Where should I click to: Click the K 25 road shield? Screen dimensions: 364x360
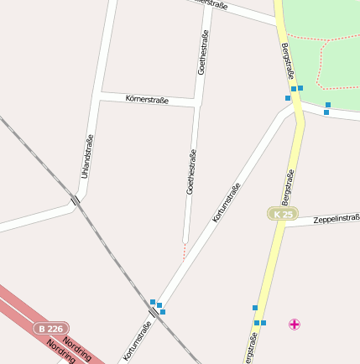pyautogui.click(x=283, y=214)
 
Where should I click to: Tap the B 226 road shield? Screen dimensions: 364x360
pyautogui.click(x=52, y=330)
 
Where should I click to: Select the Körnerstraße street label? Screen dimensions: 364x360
pyautogui.click(x=147, y=100)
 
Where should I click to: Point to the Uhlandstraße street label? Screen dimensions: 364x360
pyautogui.click(x=86, y=156)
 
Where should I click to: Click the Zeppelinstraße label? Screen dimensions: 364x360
pyautogui.click(x=336, y=218)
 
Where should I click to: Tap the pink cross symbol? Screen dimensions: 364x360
pyautogui.click(x=295, y=324)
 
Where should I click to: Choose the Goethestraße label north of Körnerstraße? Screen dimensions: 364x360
pyautogui.click(x=203, y=52)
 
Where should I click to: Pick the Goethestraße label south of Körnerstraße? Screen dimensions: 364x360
pyautogui.click(x=191, y=172)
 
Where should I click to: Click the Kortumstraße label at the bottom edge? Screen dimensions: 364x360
pyautogui.click(x=137, y=342)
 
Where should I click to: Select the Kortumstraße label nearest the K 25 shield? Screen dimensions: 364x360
pyautogui.click(x=227, y=202)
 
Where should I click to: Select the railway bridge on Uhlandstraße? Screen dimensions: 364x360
pyautogui.click(x=76, y=200)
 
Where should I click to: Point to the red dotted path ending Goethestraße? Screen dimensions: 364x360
pyautogui.click(x=185, y=251)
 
